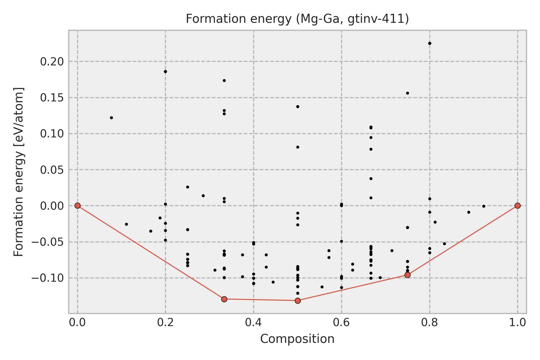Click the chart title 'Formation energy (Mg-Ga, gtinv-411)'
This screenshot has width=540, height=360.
(297, 19)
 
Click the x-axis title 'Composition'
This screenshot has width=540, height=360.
(297, 339)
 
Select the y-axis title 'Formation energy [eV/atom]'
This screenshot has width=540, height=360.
(19, 172)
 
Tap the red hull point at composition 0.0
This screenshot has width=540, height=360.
(77, 205)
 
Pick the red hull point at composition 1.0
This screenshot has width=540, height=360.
(517, 205)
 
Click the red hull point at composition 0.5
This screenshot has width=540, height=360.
(298, 301)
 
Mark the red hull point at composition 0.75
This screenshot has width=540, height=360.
(407, 275)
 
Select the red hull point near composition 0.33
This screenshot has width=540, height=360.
(224, 299)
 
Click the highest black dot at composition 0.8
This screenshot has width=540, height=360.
(430, 43)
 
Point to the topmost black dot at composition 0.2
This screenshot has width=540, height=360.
(165, 71)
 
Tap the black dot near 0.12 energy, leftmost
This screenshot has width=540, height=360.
(111, 118)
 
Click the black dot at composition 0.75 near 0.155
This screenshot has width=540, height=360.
(407, 93)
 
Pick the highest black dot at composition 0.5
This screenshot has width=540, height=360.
(298, 106)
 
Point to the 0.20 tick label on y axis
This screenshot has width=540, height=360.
(52, 62)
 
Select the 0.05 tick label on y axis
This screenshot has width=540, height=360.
(52, 170)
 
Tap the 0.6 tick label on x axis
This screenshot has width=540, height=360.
(341, 322)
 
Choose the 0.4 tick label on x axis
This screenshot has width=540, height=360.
(253, 322)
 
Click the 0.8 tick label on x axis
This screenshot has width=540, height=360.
(430, 322)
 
